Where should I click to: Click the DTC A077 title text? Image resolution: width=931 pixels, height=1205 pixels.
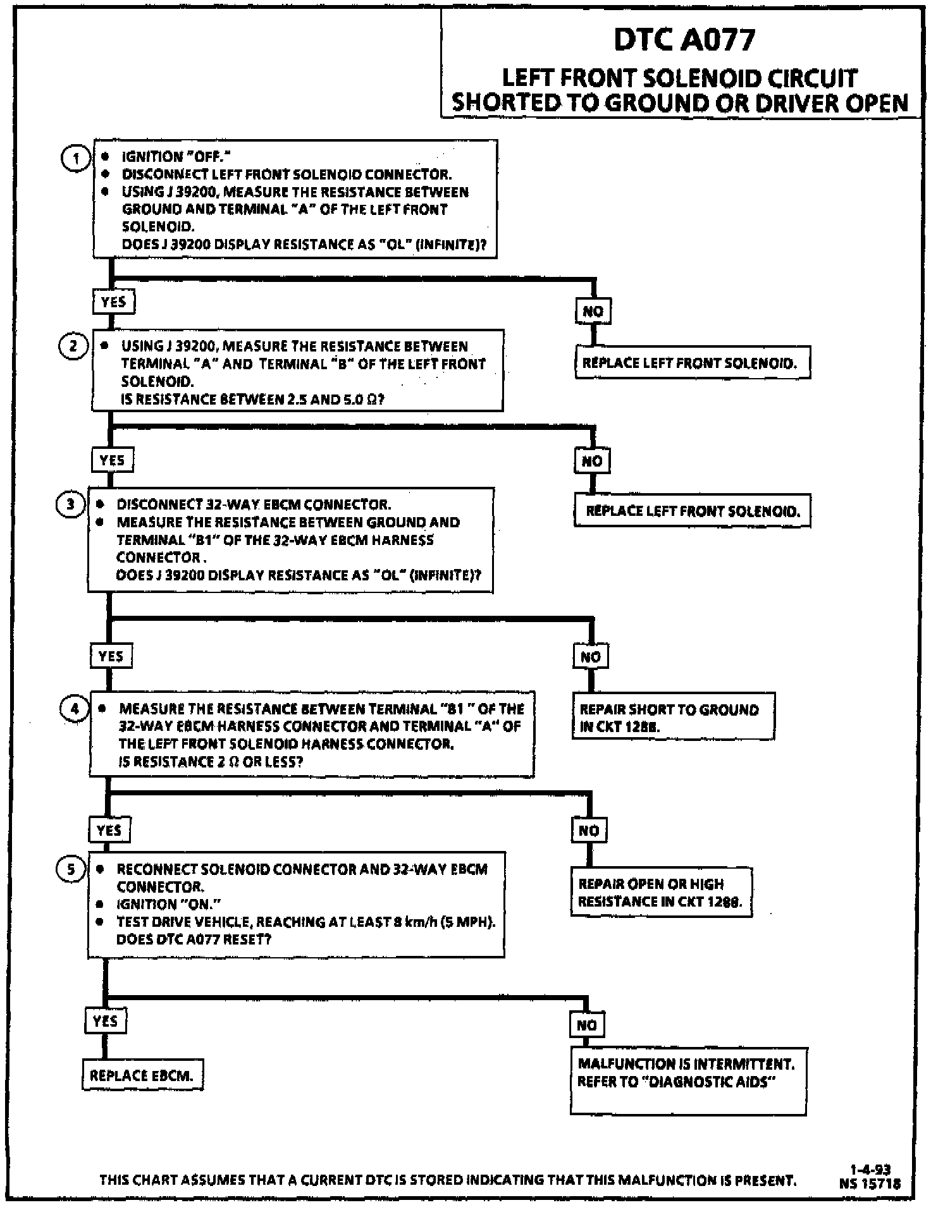pyautogui.click(x=684, y=40)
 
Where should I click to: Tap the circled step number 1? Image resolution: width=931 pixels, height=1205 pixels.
pyautogui.click(x=75, y=158)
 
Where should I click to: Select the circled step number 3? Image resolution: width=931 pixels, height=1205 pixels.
pyautogui.click(x=70, y=505)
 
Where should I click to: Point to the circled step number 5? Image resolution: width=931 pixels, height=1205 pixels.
pyautogui.click(x=71, y=869)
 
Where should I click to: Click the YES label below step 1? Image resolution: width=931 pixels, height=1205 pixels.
pyautogui.click(x=113, y=302)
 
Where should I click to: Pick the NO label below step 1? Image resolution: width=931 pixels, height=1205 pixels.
pyautogui.click(x=593, y=311)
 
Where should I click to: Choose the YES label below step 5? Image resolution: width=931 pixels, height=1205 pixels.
pyautogui.click(x=105, y=1020)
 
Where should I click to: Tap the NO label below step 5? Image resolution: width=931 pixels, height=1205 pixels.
pyautogui.click(x=586, y=1025)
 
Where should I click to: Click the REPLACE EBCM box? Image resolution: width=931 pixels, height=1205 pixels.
pyautogui.click(x=142, y=1075)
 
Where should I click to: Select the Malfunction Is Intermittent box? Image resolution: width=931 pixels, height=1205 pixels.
pyautogui.click(x=688, y=1080)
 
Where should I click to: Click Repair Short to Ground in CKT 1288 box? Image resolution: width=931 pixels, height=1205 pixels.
pyautogui.click(x=673, y=718)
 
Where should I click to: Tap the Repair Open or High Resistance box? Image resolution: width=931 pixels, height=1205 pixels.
pyautogui.click(x=661, y=893)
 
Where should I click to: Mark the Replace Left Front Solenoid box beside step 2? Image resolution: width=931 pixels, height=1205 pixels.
pyautogui.click(x=693, y=363)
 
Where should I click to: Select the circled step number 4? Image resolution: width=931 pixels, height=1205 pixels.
pyautogui.click(x=74, y=708)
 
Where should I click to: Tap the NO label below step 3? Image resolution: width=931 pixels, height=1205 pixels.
pyautogui.click(x=591, y=657)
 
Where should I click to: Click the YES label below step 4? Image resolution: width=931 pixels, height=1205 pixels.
pyautogui.click(x=109, y=829)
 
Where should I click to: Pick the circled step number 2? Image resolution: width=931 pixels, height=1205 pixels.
pyautogui.click(x=73, y=346)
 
